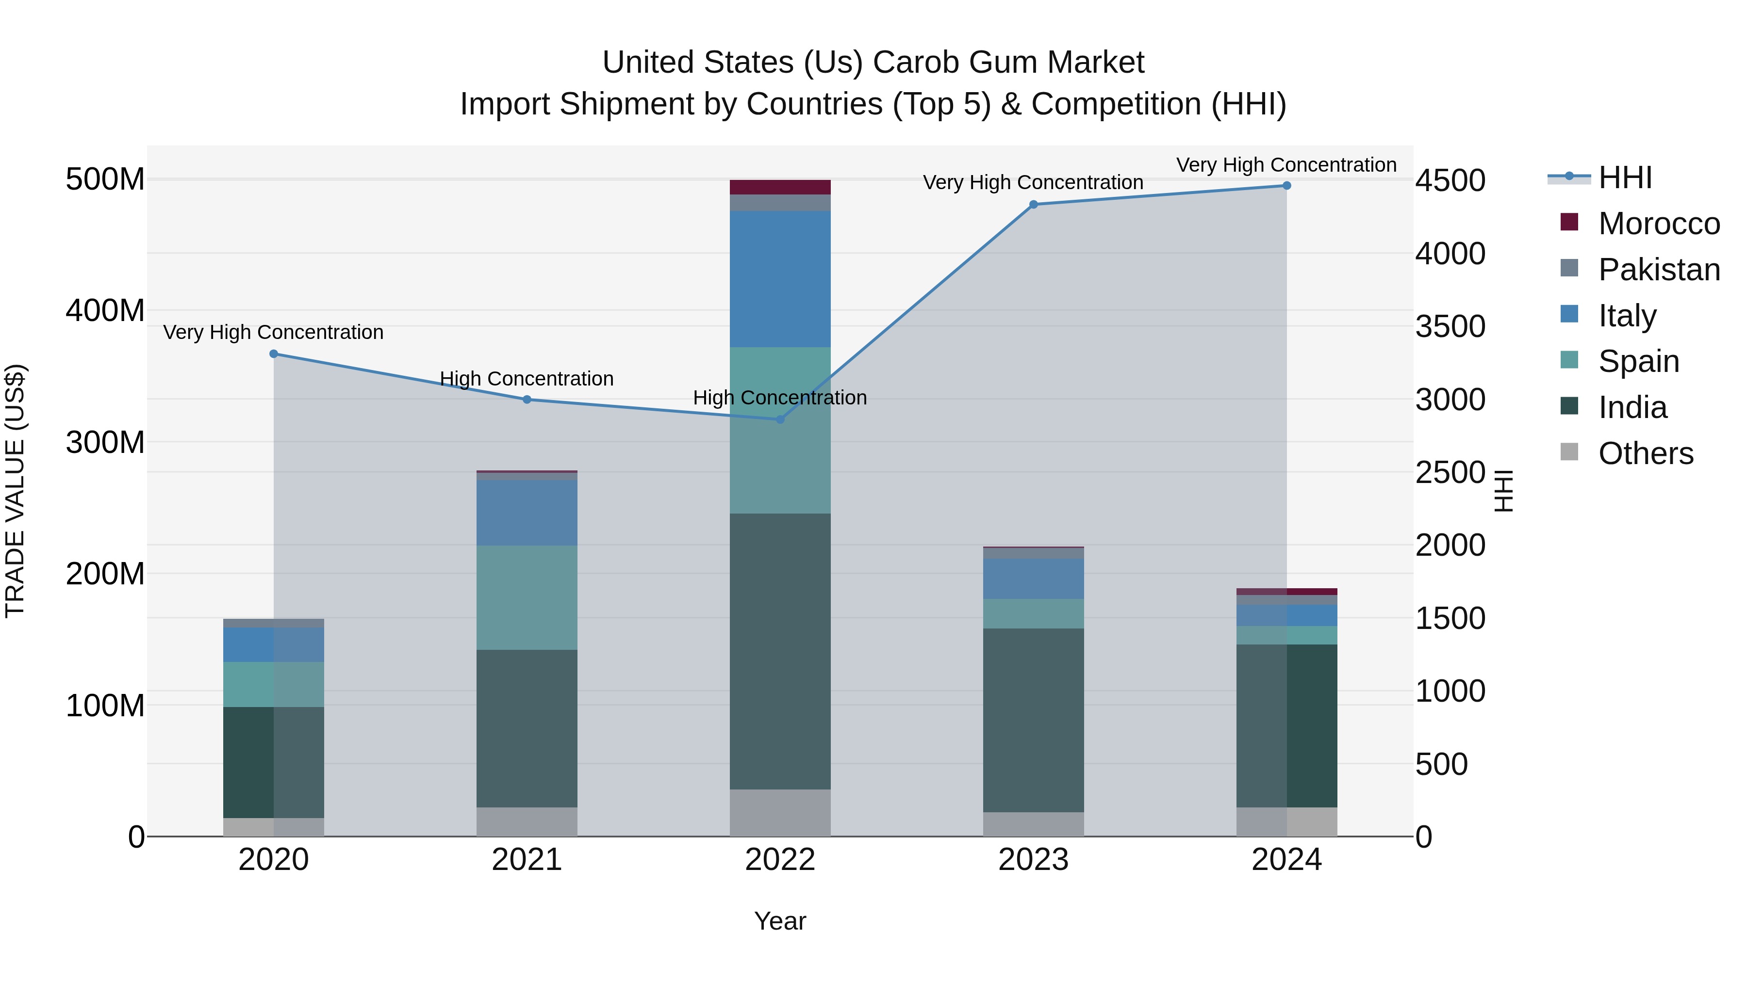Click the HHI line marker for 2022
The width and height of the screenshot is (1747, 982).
click(x=780, y=419)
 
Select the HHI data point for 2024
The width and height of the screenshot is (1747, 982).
click(x=1286, y=186)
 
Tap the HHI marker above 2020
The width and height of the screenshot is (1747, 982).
click(x=274, y=354)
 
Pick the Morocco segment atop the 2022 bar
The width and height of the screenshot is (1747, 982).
click(x=780, y=187)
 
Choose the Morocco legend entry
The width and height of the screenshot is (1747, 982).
click(x=1658, y=224)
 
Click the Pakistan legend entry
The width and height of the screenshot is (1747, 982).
click(x=1658, y=270)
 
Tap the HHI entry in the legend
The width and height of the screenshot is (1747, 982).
click(x=1624, y=177)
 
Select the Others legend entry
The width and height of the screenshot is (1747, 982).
click(x=1645, y=453)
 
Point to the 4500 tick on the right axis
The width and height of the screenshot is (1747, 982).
click(x=1450, y=181)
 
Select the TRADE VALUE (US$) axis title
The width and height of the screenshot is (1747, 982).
click(x=15, y=491)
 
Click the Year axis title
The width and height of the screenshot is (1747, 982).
click(x=780, y=921)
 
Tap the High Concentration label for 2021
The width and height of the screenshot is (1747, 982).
click(x=527, y=379)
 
